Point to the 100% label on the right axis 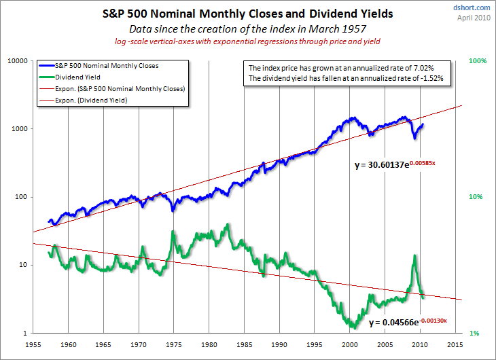click(478, 61)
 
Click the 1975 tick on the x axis click(174, 344)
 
